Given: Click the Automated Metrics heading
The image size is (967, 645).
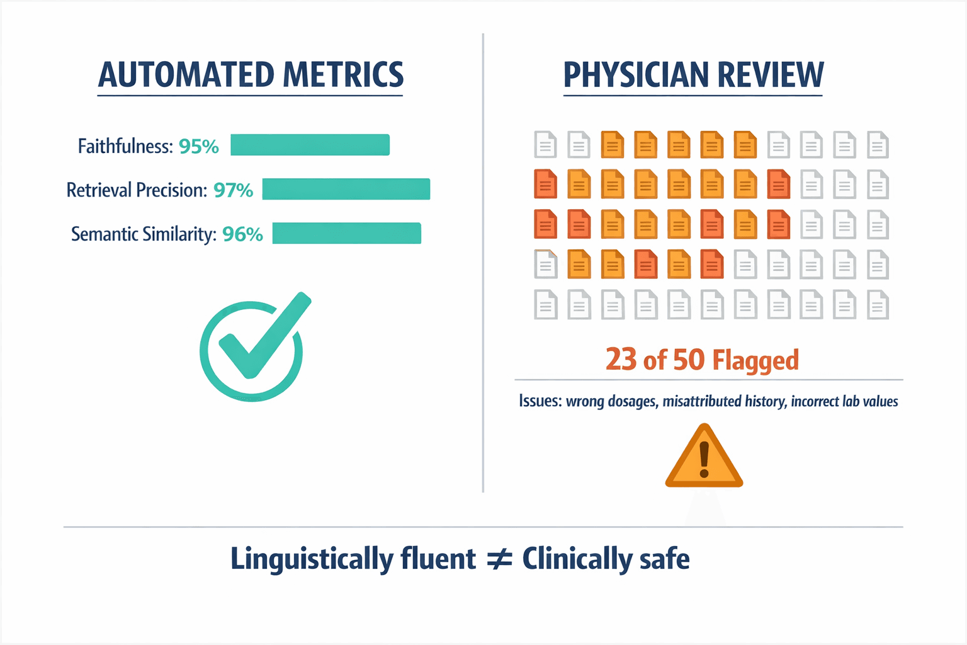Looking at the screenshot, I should click(x=251, y=75).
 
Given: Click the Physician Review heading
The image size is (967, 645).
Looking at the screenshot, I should click(x=693, y=75).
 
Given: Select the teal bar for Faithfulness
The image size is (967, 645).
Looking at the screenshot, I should click(x=310, y=145).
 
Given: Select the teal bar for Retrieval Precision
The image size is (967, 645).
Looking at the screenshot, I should click(x=346, y=189).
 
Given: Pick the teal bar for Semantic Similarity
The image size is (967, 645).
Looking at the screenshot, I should click(x=346, y=233).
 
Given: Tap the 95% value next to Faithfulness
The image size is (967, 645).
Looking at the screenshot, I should click(x=198, y=146).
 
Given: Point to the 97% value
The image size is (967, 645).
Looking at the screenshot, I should click(x=233, y=190).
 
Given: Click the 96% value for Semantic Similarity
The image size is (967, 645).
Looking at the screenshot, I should click(x=242, y=234).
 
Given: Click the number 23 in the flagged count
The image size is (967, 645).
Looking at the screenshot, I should click(x=621, y=360).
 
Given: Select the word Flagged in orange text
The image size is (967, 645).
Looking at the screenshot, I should click(x=755, y=361).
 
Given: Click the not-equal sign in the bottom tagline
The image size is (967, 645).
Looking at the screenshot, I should click(x=499, y=559).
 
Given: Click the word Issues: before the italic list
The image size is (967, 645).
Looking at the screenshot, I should click(x=540, y=401).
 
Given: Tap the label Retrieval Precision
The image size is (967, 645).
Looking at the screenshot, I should click(x=137, y=190).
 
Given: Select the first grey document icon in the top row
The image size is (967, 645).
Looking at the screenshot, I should click(x=545, y=144).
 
